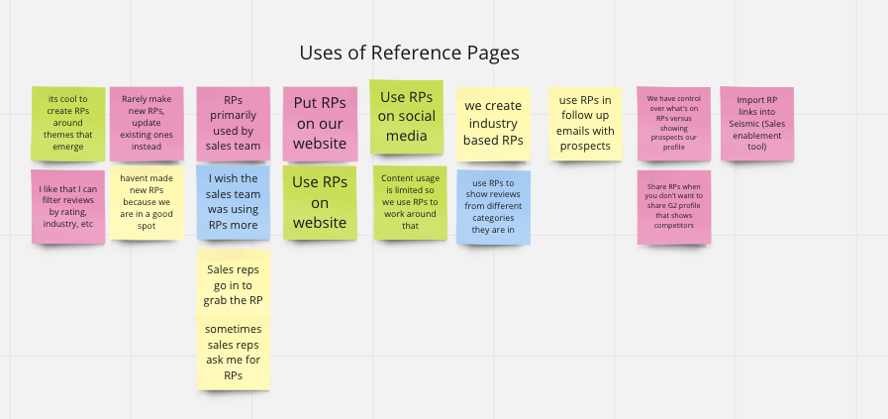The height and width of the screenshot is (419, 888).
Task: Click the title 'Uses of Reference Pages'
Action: (409, 52)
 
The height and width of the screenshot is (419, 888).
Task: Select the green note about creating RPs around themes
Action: (68, 124)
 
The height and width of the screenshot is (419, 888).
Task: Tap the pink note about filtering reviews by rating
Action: (68, 206)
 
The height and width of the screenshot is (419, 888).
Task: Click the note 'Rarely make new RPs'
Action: (147, 124)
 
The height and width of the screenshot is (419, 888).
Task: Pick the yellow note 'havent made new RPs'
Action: (147, 204)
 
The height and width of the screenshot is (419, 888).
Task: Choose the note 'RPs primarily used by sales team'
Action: (234, 124)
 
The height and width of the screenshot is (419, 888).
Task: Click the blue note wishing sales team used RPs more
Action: (234, 204)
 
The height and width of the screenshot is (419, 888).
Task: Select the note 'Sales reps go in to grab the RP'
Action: (234, 283)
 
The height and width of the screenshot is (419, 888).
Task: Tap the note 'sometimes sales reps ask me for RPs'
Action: (234, 353)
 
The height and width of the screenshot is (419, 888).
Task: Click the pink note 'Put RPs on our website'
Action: (320, 124)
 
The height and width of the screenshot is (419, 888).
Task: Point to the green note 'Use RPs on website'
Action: (320, 202)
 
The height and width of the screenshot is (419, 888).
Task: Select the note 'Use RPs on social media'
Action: (407, 117)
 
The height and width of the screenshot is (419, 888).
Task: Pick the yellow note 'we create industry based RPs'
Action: (493, 124)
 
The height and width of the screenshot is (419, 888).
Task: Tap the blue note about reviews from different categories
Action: (493, 207)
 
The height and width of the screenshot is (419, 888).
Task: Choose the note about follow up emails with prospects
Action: (586, 124)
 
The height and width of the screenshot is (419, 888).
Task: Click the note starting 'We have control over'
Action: (673, 124)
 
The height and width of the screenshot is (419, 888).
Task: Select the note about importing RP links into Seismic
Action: (757, 124)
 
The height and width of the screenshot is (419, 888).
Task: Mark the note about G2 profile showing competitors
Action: (673, 207)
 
